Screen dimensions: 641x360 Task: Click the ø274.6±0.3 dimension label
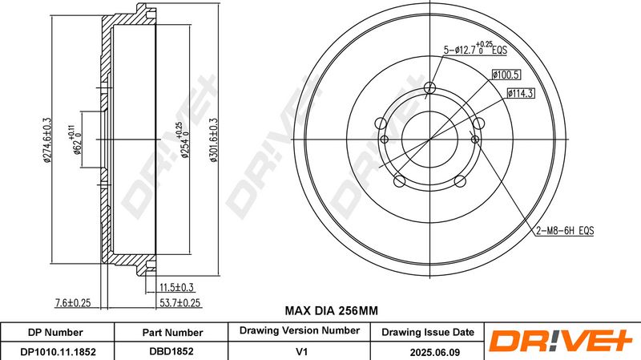coord(47,140)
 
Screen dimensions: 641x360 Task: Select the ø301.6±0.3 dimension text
coord(214,140)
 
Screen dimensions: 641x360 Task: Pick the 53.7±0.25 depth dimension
coord(179,303)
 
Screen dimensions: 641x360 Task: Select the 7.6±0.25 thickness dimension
coord(73,303)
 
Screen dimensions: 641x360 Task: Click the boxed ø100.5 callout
coord(506,75)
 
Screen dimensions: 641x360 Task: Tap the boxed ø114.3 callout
coord(520,94)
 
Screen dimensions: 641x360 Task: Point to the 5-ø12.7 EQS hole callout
coord(475,49)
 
